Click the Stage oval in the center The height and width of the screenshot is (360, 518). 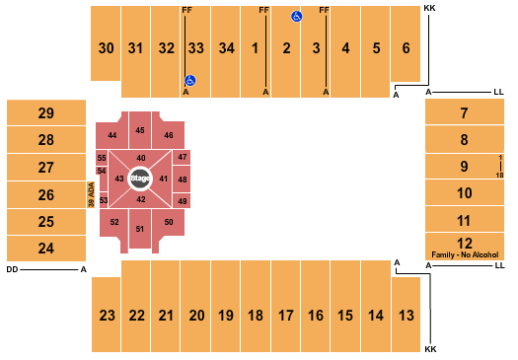coord(139,179)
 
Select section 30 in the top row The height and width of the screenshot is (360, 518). coord(107,47)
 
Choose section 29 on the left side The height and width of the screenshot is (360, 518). coord(45,113)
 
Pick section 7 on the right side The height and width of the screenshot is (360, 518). coord(464,113)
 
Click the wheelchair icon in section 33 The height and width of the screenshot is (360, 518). coord(190,81)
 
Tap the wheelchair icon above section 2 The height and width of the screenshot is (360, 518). coord(296,17)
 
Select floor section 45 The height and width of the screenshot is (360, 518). coord(140,130)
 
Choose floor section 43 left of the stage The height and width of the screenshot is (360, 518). coord(119,179)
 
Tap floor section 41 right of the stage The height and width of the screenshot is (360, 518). coord(164,179)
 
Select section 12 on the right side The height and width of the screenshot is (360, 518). coord(464,243)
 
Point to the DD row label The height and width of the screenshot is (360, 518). coord(11,269)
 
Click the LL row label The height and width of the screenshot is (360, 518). coord(499,92)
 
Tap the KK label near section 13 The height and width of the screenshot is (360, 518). coord(429,349)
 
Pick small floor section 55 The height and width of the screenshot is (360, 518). coord(102,158)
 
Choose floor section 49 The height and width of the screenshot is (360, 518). coord(182,201)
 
